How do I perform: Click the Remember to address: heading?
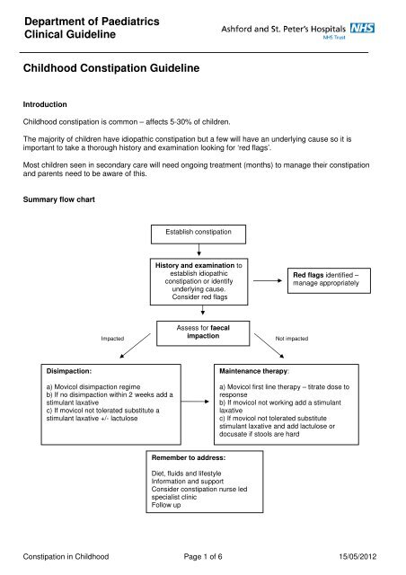pyautogui.click(x=182, y=458)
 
